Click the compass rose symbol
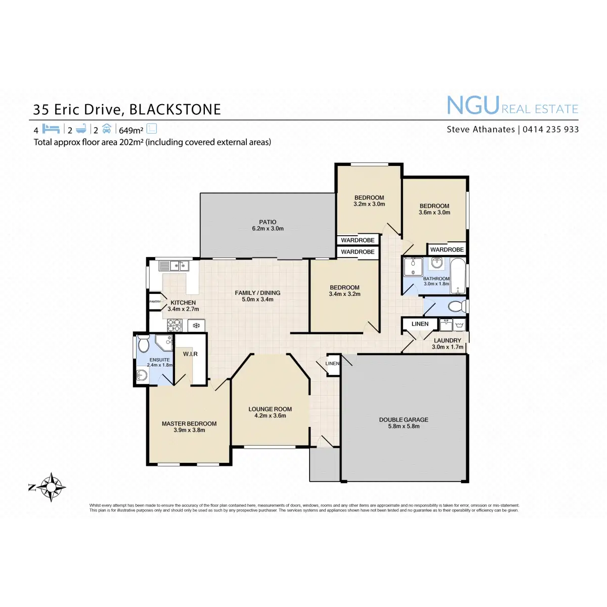[x=51, y=487]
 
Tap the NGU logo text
[x=473, y=106]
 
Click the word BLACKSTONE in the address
[x=176, y=110]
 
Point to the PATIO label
[x=268, y=222]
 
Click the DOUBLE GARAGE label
[x=404, y=419]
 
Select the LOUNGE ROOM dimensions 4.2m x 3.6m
[x=270, y=416]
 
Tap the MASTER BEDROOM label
[x=189, y=423]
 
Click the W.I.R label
[x=190, y=354]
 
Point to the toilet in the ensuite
[x=143, y=343]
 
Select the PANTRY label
[x=155, y=301]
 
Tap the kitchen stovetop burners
[x=174, y=325]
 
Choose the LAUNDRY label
[x=447, y=340]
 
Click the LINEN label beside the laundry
[x=420, y=324]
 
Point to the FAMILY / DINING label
[x=257, y=293]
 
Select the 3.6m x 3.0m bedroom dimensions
[x=434, y=212]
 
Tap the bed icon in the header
[x=51, y=128]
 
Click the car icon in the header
[x=106, y=128]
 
